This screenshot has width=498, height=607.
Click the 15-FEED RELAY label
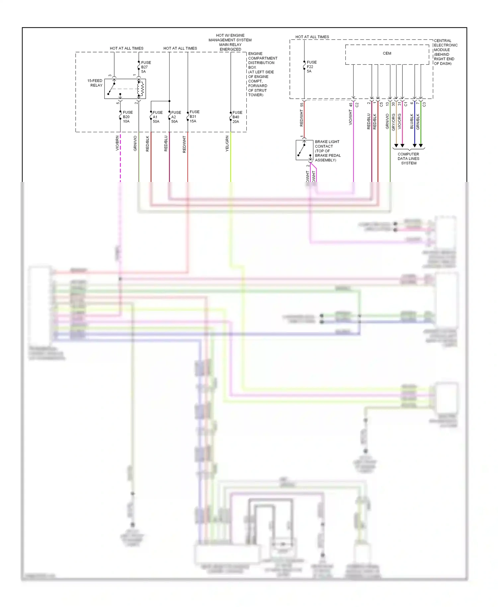(x=95, y=83)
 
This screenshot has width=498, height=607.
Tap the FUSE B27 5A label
(x=145, y=67)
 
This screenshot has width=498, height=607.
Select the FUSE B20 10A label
(x=127, y=117)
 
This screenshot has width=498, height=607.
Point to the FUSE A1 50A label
(x=157, y=117)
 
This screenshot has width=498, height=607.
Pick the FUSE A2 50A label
(x=176, y=117)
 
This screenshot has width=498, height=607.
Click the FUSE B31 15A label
(x=194, y=117)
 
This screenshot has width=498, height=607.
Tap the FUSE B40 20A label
(x=237, y=117)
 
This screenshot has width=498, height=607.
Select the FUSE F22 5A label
(x=311, y=67)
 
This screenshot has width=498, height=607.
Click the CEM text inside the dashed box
(x=387, y=53)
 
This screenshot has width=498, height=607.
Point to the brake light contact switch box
(x=304, y=150)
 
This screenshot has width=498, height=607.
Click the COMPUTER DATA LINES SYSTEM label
(x=408, y=159)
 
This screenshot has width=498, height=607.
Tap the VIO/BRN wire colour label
(x=117, y=143)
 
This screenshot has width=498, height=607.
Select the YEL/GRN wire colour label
(x=227, y=144)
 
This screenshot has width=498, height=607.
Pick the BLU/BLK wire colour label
(x=412, y=122)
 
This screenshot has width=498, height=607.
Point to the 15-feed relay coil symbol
(x=141, y=89)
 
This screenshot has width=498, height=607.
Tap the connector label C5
(x=381, y=104)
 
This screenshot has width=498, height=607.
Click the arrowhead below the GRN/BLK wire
(x=421, y=146)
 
